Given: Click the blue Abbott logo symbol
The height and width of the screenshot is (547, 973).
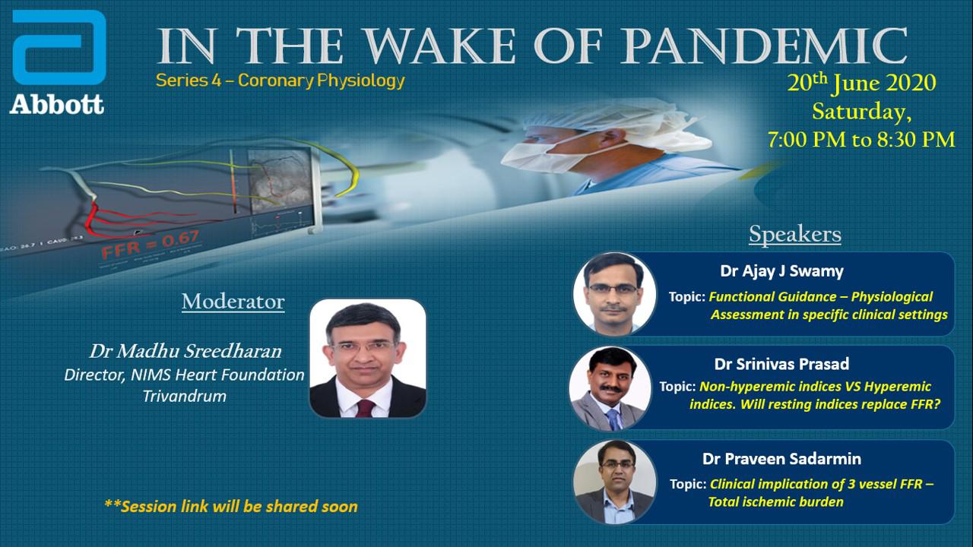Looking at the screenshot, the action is (59, 47).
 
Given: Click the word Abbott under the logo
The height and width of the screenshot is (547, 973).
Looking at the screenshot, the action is (57, 105).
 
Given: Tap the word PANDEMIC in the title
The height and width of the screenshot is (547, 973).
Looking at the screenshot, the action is (765, 46).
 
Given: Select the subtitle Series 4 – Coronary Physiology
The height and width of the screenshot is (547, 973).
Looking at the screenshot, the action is (280, 81).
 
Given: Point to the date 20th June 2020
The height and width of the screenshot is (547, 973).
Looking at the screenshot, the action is (861, 83).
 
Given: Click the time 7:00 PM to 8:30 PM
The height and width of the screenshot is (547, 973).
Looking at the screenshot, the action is (861, 139).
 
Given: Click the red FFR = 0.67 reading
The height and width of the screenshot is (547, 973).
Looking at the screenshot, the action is (151, 245).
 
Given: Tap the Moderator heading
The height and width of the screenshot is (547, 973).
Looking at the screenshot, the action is (233, 302).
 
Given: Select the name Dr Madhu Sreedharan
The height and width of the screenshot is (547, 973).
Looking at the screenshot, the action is (185, 351).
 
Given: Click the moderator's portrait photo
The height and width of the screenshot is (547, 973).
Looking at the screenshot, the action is (367, 358).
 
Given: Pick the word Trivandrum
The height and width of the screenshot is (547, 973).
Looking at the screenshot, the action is (185, 396).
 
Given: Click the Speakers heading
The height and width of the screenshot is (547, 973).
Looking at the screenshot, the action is (795, 235).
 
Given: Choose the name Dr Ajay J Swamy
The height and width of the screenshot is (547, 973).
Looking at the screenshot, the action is (782, 271).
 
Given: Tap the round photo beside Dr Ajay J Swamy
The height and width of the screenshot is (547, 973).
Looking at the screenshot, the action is (615, 293).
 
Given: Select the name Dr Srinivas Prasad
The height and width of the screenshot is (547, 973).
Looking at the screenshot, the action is (781, 364).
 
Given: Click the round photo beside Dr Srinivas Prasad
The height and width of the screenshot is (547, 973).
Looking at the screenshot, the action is (610, 388).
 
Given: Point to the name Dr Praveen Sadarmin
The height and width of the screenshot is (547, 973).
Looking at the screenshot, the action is (781, 459).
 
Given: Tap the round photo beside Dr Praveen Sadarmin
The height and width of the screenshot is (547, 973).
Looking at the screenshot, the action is (615, 482).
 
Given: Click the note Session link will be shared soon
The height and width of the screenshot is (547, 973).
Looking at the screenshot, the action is (231, 506).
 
